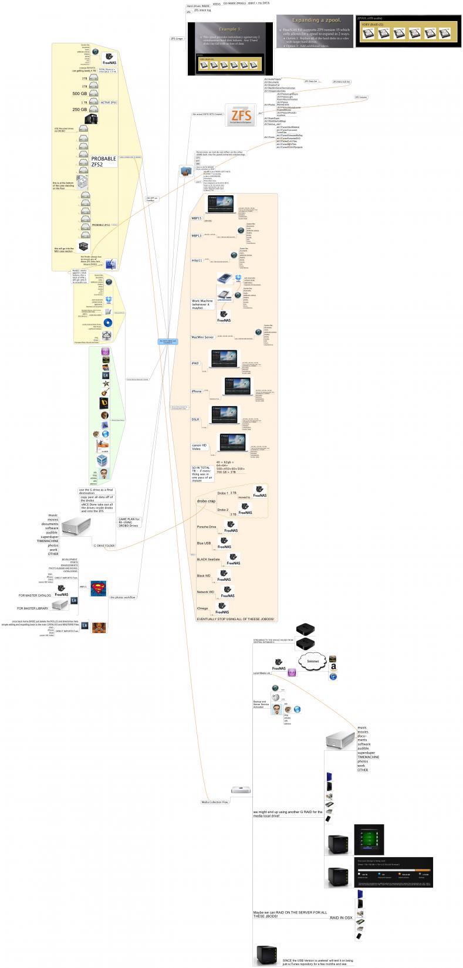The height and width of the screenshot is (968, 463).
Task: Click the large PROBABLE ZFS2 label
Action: pos(103,162)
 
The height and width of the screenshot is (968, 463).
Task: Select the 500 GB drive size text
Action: pos(80,94)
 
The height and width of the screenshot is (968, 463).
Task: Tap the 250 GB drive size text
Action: pos(80,110)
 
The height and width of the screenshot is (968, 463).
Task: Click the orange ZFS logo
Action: pos(242,114)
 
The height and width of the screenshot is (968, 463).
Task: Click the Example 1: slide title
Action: pos(230,29)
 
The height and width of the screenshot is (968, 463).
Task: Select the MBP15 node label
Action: pos(197,218)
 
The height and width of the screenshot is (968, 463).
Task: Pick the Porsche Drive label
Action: pos(206,527)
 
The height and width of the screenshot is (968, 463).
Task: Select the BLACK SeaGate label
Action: pos(208,559)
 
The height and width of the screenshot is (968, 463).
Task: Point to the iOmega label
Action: pos(203,608)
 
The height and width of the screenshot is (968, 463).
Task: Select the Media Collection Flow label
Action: pos(215,802)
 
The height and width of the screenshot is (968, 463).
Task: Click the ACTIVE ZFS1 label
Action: pos(109,102)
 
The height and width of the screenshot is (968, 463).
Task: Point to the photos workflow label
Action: pos(123,597)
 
